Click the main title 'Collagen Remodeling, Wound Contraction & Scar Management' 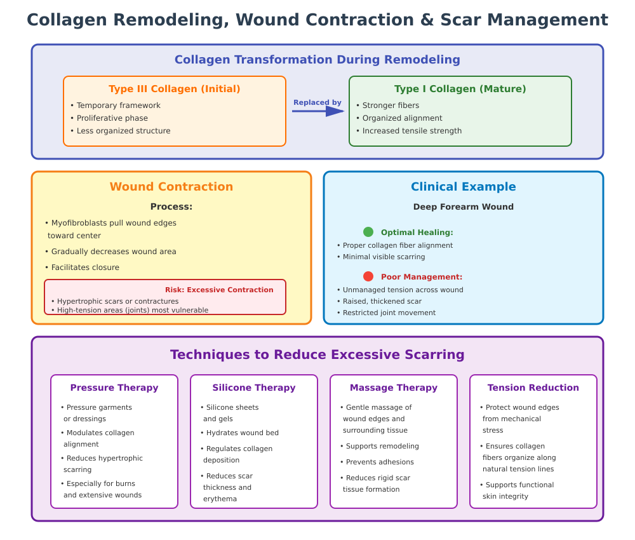pyautogui.click(x=317, y=20)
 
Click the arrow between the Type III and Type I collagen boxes pyautogui.click(x=317, y=111)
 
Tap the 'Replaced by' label pyautogui.click(x=317, y=102)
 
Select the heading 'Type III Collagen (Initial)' pyautogui.click(x=175, y=89)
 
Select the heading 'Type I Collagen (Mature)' pyautogui.click(x=460, y=89)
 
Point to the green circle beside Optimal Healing pyautogui.click(x=368, y=232)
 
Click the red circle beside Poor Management pyautogui.click(x=368, y=276)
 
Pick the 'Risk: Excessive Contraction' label pyautogui.click(x=219, y=290)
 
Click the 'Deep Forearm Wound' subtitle pyautogui.click(x=464, y=206)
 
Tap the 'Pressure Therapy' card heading pyautogui.click(x=114, y=388)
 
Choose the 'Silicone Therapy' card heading pyautogui.click(x=254, y=388)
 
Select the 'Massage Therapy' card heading pyautogui.click(x=394, y=388)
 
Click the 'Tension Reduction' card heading pyautogui.click(x=533, y=388)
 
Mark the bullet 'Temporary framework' pyautogui.click(x=118, y=105)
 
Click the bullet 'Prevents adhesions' pyautogui.click(x=379, y=462)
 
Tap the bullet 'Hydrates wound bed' pyautogui.click(x=242, y=433)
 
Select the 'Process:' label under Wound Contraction pyautogui.click(x=171, y=206)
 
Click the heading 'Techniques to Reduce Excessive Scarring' pyautogui.click(x=317, y=354)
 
